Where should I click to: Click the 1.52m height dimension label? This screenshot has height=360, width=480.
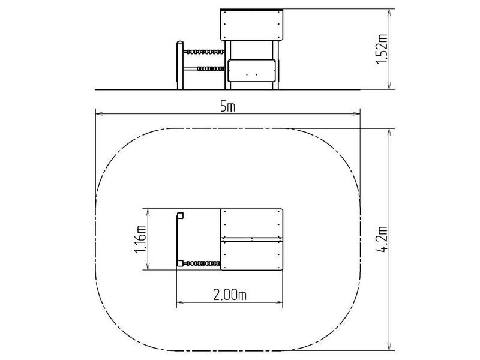click(x=382, y=49)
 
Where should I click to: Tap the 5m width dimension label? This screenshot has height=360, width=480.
click(x=228, y=107)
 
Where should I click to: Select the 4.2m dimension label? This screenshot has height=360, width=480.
click(x=382, y=239)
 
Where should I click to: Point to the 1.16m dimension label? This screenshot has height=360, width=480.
click(x=140, y=239)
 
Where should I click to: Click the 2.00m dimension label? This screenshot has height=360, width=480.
click(x=230, y=295)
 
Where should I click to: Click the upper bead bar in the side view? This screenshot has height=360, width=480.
click(x=204, y=52)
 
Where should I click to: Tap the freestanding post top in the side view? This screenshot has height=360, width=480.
click(x=181, y=43)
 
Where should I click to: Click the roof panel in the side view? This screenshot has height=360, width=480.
click(x=251, y=25)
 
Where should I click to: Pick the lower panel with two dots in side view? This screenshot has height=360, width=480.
click(x=251, y=71)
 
